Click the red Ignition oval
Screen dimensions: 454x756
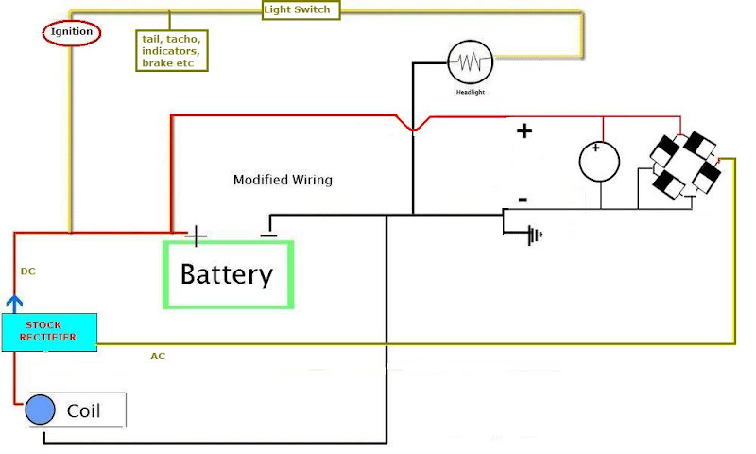click(x=72, y=33)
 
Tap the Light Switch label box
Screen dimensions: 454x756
click(x=301, y=9)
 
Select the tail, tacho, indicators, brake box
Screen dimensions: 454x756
click(x=171, y=50)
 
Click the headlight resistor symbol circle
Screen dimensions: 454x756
click(x=471, y=62)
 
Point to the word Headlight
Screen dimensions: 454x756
click(x=471, y=92)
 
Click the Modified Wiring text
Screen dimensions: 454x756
click(x=283, y=180)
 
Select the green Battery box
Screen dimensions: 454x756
click(x=228, y=274)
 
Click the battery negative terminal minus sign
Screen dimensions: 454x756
click(x=268, y=232)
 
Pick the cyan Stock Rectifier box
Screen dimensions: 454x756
click(x=48, y=332)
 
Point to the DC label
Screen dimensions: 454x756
click(x=28, y=271)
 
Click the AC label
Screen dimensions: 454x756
click(x=159, y=357)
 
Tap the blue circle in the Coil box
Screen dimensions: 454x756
click(x=40, y=410)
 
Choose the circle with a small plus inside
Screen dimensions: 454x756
click(x=599, y=162)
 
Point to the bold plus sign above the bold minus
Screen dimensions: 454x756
click(x=523, y=131)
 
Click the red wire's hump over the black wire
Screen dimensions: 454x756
click(x=413, y=126)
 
